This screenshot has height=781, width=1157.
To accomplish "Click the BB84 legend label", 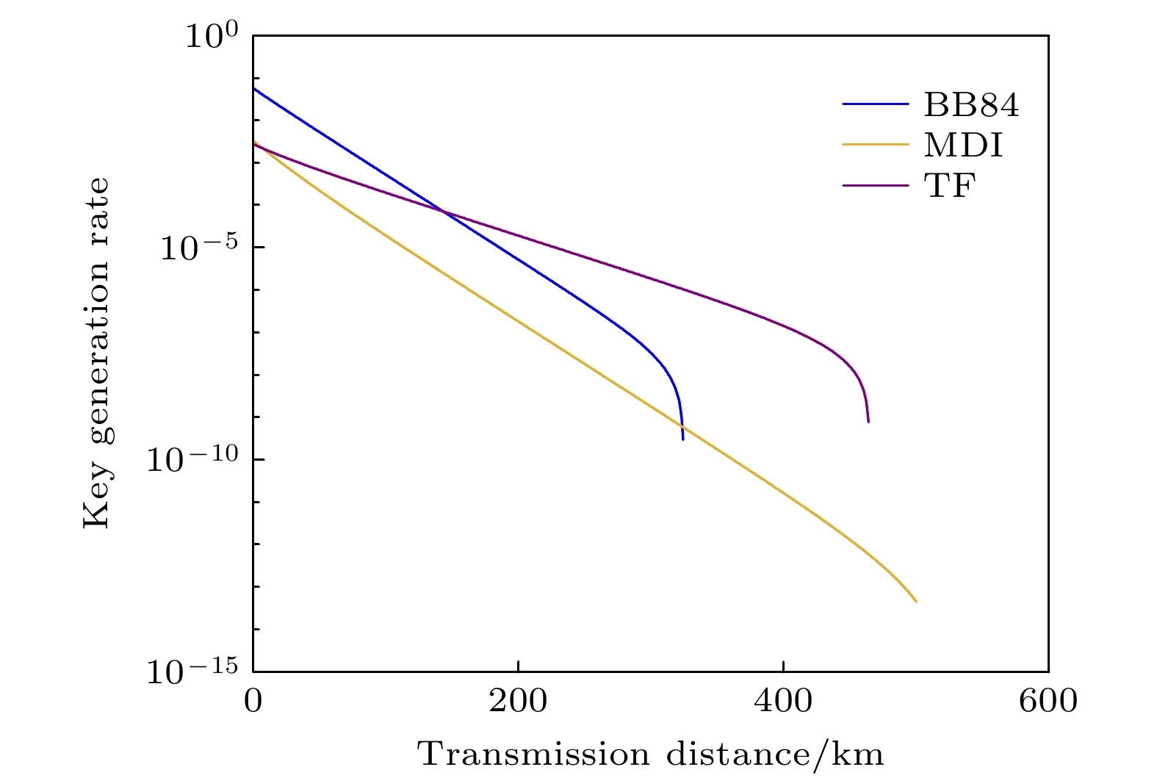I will (x=971, y=106).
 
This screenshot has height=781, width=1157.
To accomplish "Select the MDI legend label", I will (x=963, y=145).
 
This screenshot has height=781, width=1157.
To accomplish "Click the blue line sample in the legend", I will (x=876, y=105).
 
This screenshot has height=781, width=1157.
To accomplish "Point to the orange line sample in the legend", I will (x=876, y=145).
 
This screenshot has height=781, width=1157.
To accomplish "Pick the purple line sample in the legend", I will (x=876, y=186).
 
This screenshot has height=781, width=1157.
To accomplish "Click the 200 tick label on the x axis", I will (x=519, y=701).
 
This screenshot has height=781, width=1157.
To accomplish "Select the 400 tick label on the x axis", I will (x=784, y=701).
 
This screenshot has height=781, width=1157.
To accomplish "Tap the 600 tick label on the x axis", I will (x=1048, y=701).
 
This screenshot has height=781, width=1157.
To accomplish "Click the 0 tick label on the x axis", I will (x=253, y=701).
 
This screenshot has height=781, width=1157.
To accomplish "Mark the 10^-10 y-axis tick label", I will (x=192, y=461).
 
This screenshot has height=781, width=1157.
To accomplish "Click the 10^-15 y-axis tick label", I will (x=192, y=672).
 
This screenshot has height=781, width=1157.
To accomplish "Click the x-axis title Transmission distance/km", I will (x=651, y=755).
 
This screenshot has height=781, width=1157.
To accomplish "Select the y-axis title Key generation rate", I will (x=96, y=353).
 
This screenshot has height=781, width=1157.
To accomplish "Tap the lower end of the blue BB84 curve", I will (x=683, y=439).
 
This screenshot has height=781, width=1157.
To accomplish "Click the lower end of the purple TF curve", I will (x=868, y=422).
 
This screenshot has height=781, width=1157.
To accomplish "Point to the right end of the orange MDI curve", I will (x=916, y=602).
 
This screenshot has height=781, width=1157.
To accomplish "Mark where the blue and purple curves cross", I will (x=444, y=212).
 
